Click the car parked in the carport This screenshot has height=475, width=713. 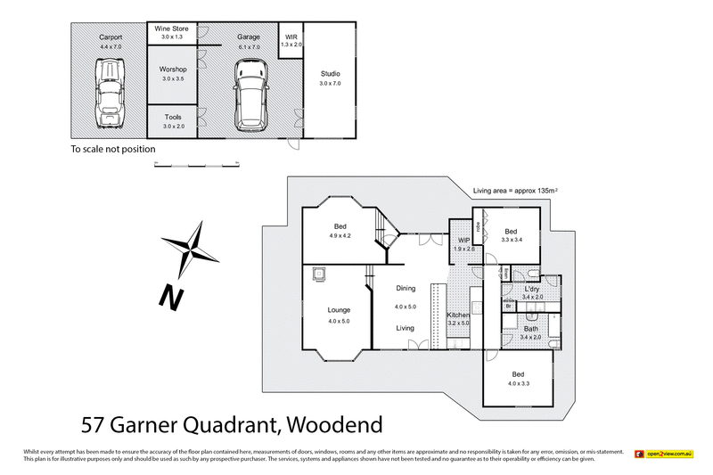pyautogui.click(x=110, y=93)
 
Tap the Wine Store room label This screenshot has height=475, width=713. pyautogui.click(x=171, y=29)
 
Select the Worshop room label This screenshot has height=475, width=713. pyautogui.click(x=172, y=69)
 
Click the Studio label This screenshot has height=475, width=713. pyautogui.click(x=330, y=73)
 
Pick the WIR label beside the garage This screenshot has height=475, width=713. pyautogui.click(x=291, y=37)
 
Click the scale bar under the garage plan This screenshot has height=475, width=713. pyautogui.click(x=196, y=165)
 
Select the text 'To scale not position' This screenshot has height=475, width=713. pyautogui.click(x=113, y=150)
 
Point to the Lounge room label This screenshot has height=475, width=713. pyautogui.click(x=339, y=310)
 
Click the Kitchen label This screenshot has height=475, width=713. pyautogui.click(x=459, y=316)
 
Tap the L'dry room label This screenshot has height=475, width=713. pyautogui.click(x=532, y=289)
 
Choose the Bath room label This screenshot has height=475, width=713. pyautogui.click(x=531, y=328)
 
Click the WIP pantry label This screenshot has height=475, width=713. pyautogui.click(x=463, y=241)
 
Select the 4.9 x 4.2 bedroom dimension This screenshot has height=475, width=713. pyautogui.click(x=340, y=236)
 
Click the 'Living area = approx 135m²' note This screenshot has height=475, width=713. pyautogui.click(x=521, y=189)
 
